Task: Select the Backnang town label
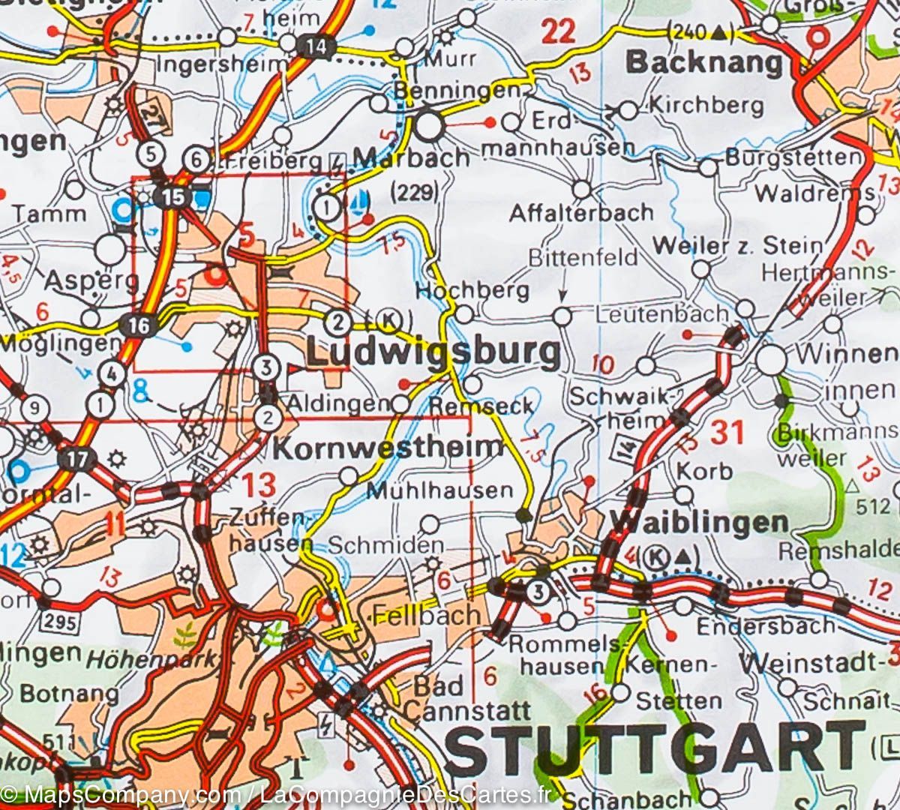tap(704, 63)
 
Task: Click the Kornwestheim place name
tap(388, 448)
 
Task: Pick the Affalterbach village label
tap(580, 213)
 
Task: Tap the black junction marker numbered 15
tap(173, 197)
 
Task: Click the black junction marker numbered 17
tap(77, 459)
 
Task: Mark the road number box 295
tap(61, 621)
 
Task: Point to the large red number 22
tap(558, 31)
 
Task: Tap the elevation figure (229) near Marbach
tap(415, 193)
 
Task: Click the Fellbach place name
tap(425, 616)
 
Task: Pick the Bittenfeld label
tap(583, 257)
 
